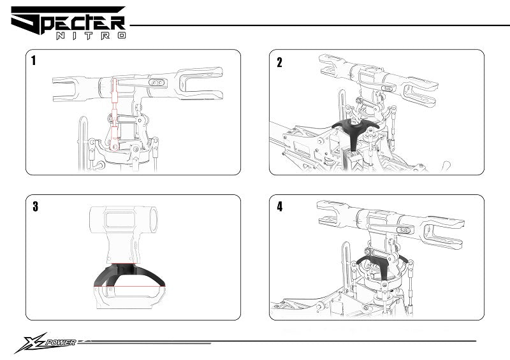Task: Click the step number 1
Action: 34,62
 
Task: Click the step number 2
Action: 279,62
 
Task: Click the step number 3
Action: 35,206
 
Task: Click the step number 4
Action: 280,206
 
